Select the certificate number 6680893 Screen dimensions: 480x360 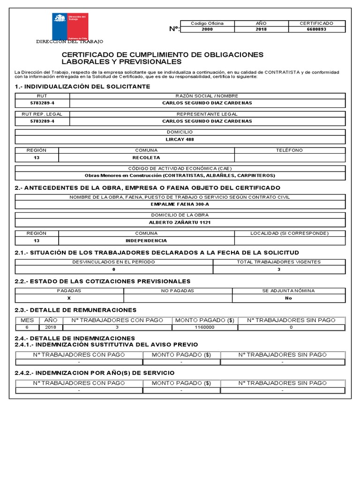(317, 29)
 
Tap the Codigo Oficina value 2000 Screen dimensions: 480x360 (207, 29)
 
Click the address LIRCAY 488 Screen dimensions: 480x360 (180, 139)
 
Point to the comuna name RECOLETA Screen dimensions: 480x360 (146, 157)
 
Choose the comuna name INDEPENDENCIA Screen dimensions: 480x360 (146, 240)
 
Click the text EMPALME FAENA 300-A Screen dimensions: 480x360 (180, 204)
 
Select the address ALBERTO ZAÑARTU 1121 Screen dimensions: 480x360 (180, 222)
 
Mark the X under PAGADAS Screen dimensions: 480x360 (69, 298)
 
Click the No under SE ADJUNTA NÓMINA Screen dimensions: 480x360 (288, 298)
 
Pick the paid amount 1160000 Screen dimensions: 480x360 (204, 327)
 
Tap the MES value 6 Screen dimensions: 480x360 (27, 327)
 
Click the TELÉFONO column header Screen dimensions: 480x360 (290, 150)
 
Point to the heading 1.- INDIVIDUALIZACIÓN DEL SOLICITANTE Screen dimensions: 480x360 (82, 87)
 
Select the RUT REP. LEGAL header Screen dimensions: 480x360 (42, 114)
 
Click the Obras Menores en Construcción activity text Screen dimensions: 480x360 (180, 175)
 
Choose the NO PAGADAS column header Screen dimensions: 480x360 (178, 291)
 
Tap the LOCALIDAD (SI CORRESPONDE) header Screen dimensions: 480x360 (289, 233)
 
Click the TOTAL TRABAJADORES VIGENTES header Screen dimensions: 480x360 (279, 262)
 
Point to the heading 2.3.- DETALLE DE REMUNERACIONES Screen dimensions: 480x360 (75, 310)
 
